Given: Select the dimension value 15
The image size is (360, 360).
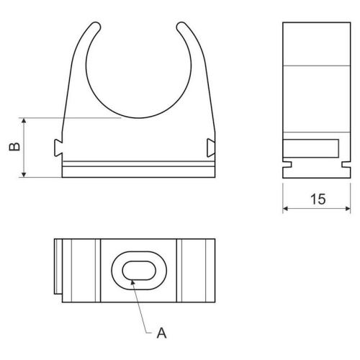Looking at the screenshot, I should (317, 199).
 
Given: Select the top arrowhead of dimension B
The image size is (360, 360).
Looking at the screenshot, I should (25, 120).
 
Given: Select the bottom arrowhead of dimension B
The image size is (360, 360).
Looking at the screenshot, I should (25, 175).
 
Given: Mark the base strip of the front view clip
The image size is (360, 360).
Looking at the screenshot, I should (138, 170).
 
